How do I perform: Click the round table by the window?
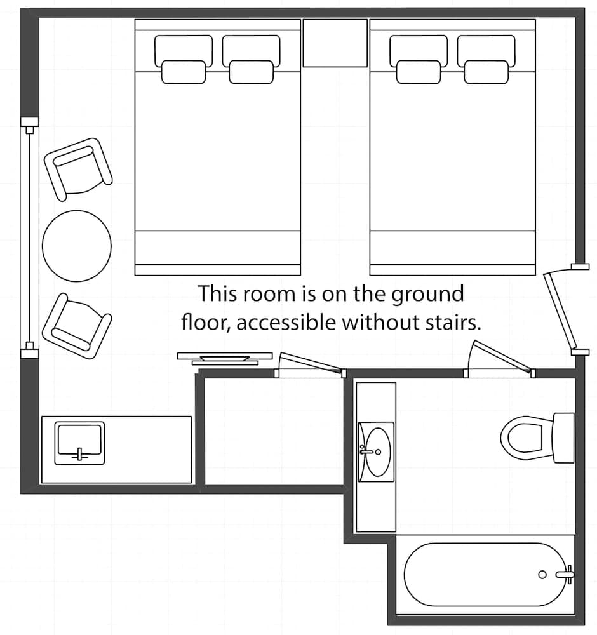(77, 246)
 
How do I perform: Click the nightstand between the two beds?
(335, 43)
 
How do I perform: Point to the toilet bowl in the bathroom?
(523, 438)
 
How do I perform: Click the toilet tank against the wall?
(563, 438)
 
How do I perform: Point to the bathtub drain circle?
(542, 574)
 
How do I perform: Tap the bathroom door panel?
(502, 356)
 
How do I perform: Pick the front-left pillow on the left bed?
(184, 72)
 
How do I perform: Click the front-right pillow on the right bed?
(486, 72)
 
